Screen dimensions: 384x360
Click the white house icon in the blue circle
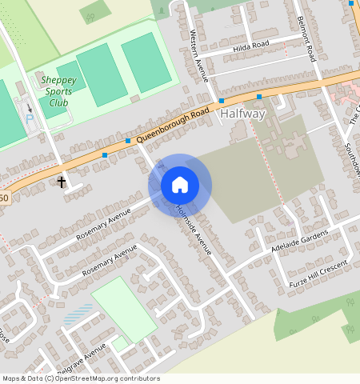click(180, 185)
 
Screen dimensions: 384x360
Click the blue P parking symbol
click(30, 119)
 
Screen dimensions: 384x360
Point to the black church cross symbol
click(62, 182)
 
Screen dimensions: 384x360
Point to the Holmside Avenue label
click(193, 231)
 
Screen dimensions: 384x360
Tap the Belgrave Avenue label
click(81, 358)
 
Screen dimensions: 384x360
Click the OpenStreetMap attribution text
click(81, 378)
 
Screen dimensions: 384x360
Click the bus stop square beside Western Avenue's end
click(221, 101)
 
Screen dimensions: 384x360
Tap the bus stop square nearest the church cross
click(105, 154)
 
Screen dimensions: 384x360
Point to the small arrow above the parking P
click(30, 107)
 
